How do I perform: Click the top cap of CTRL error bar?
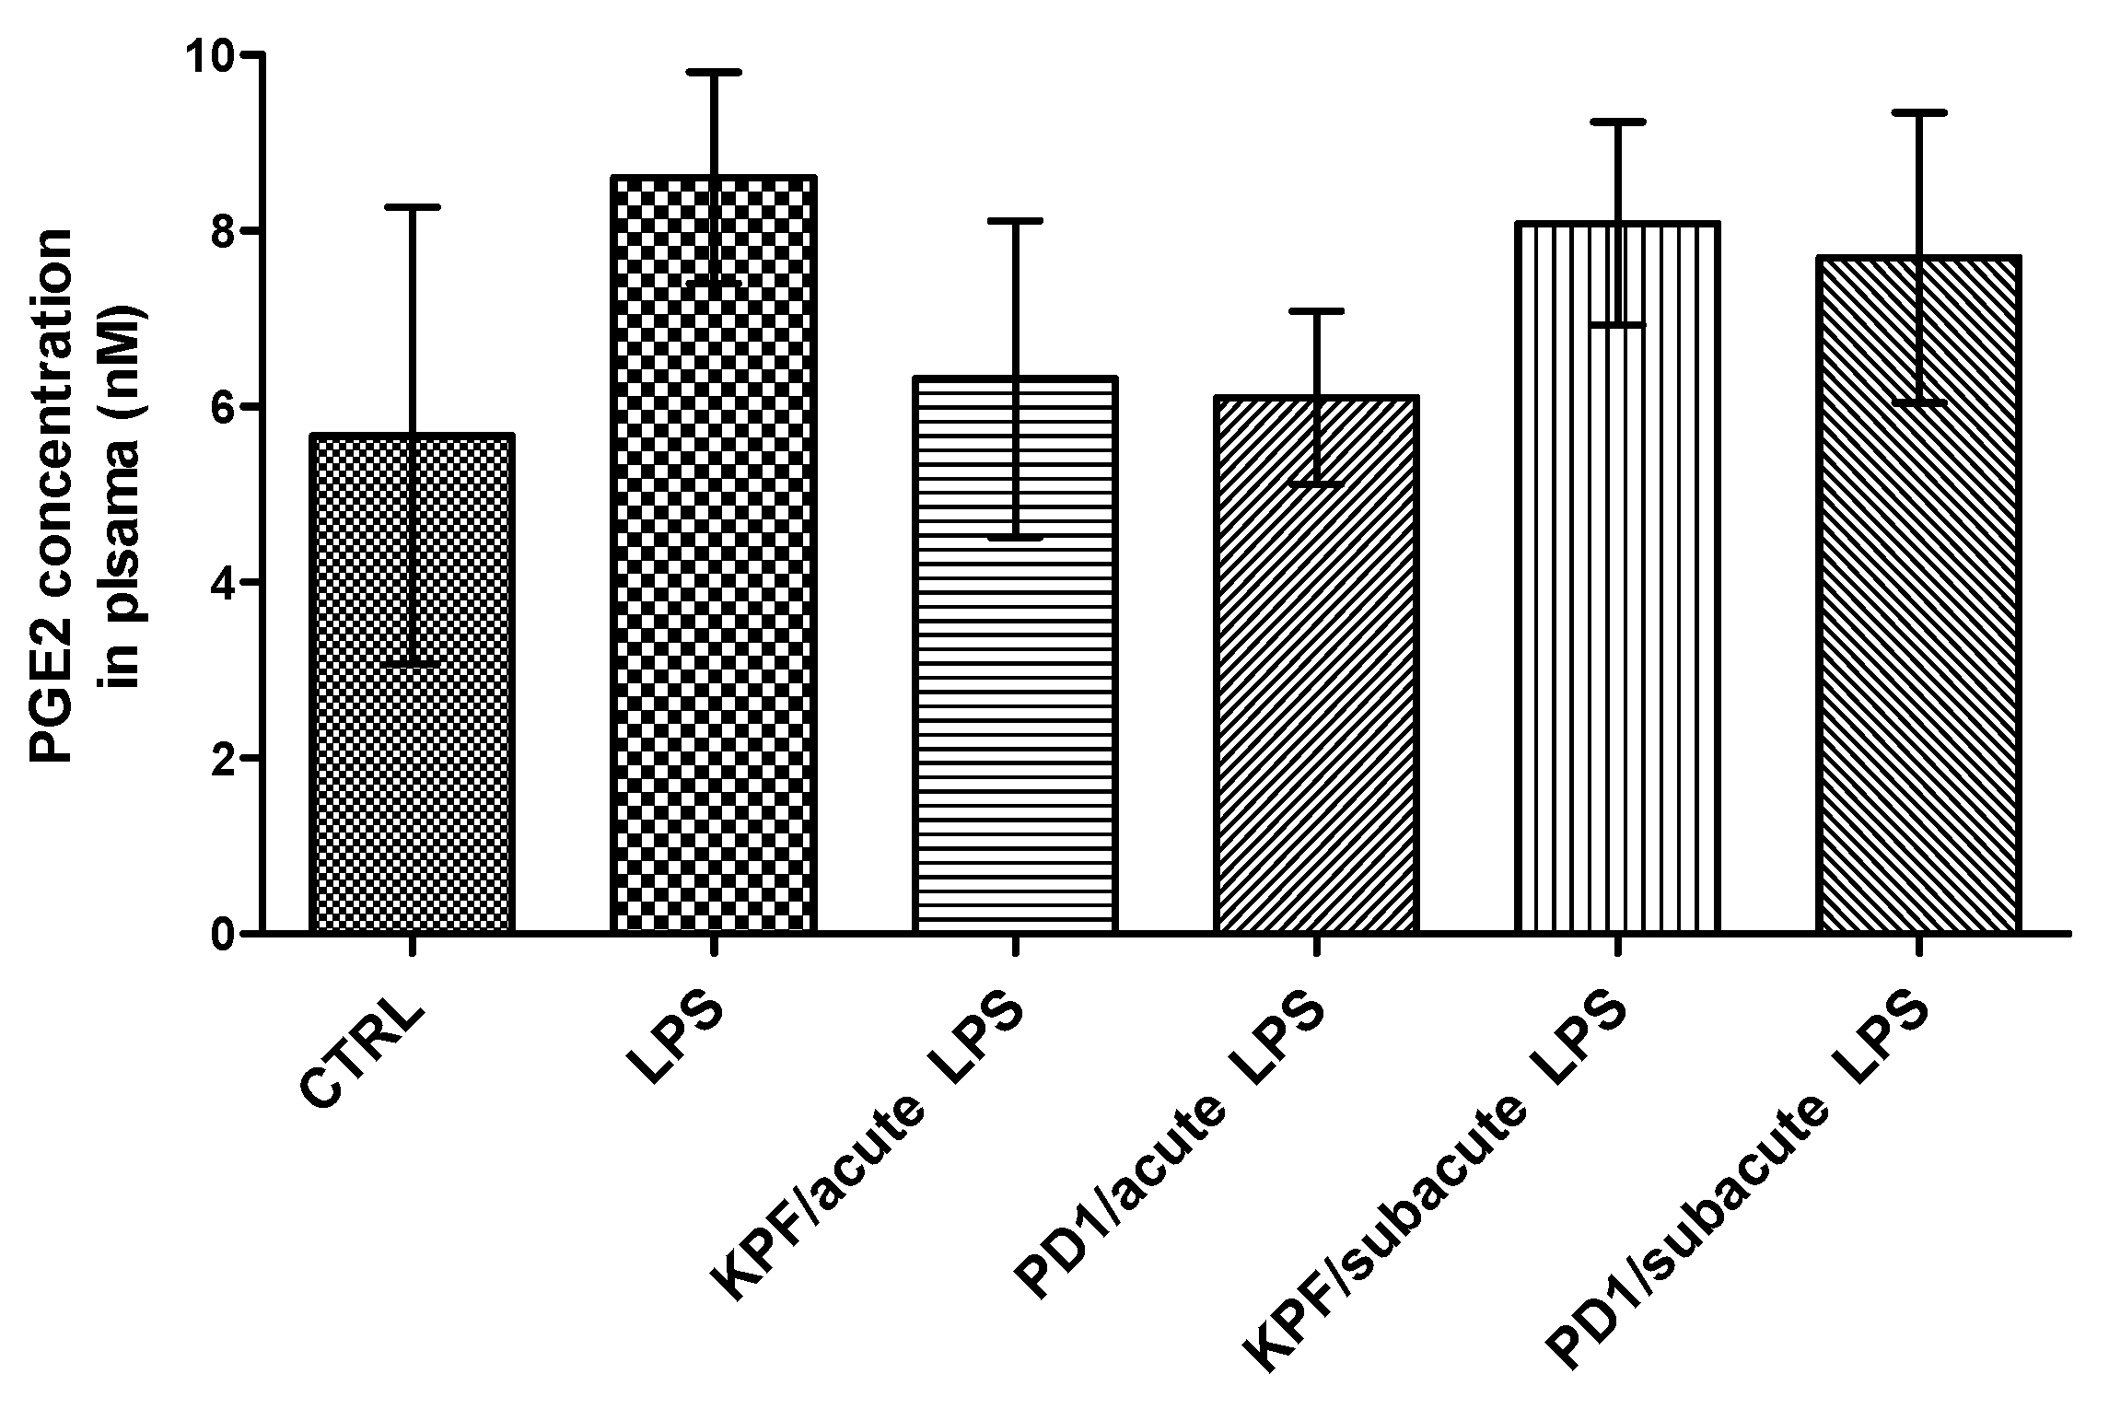[x=412, y=208]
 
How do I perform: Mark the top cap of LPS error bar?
[x=713, y=72]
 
